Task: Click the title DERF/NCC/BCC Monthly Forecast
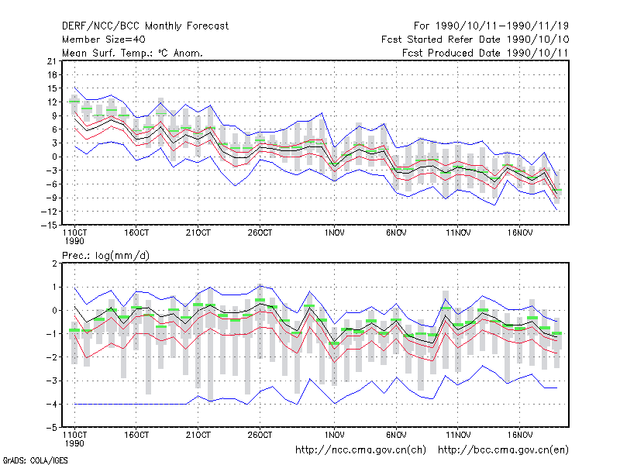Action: (x=145, y=26)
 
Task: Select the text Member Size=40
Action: (x=104, y=40)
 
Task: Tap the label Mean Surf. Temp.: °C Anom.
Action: (x=133, y=53)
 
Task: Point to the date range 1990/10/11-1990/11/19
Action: (x=502, y=26)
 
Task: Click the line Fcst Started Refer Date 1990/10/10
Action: (x=475, y=40)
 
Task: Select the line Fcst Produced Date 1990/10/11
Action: (x=485, y=53)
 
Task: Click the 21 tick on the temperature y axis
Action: (x=52, y=61)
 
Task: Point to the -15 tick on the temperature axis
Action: (x=49, y=225)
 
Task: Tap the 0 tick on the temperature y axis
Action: (x=54, y=157)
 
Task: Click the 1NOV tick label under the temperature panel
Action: (x=335, y=233)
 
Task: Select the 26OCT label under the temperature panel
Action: (x=260, y=233)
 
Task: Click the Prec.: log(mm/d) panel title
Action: (x=106, y=256)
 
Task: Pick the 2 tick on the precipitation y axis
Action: (x=54, y=263)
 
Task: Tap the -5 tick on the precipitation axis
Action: (x=52, y=428)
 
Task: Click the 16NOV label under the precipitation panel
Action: (x=520, y=436)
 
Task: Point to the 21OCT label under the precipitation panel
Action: (x=198, y=436)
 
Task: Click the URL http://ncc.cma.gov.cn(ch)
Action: (x=361, y=450)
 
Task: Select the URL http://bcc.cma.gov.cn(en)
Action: (x=503, y=450)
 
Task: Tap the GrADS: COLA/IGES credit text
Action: (x=35, y=460)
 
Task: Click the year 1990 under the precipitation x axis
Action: (x=74, y=443)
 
